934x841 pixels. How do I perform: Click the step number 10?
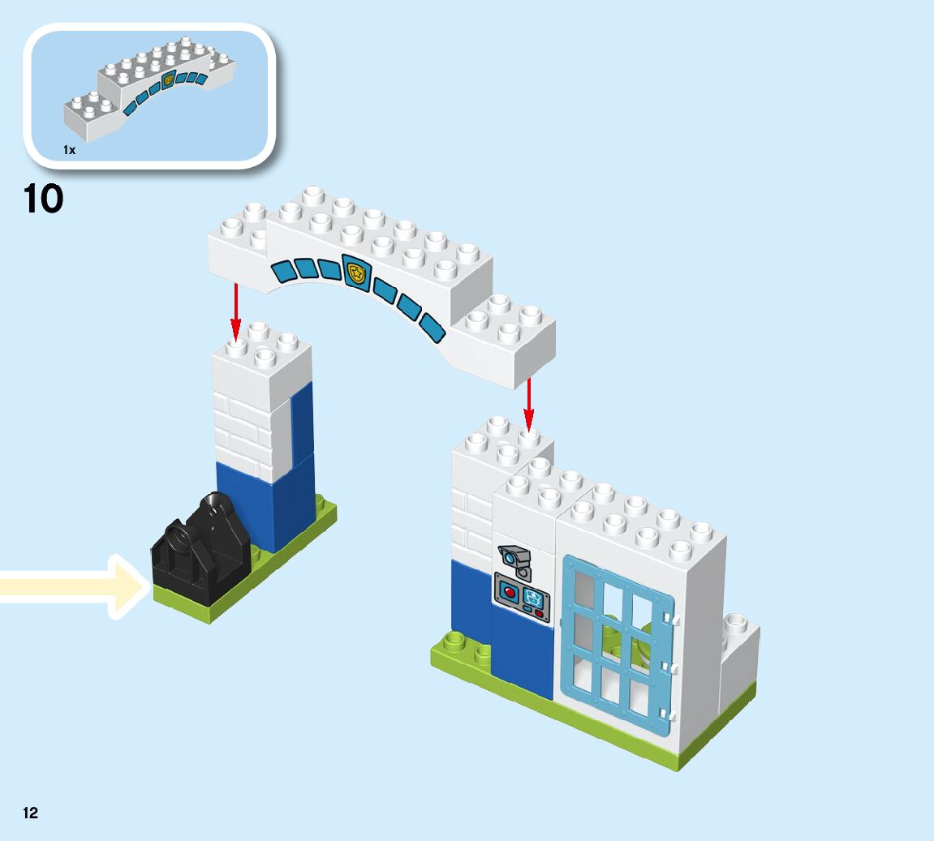pyautogui.click(x=44, y=200)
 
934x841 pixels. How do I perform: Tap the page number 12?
pyautogui.click(x=30, y=813)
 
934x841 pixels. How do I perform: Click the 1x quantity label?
pyautogui.click(x=70, y=150)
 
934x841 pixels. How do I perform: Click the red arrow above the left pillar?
pyautogui.click(x=235, y=312)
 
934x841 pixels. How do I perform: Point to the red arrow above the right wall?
pyautogui.click(x=528, y=404)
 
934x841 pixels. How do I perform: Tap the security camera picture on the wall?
pyautogui.click(x=514, y=558)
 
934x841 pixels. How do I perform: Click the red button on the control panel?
pyautogui.click(x=510, y=592)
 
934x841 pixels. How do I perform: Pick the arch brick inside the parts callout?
pyautogui.click(x=151, y=88)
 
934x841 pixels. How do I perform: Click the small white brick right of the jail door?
pyautogui.click(x=738, y=657)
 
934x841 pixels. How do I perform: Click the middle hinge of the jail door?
pyautogui.click(x=670, y=667)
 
